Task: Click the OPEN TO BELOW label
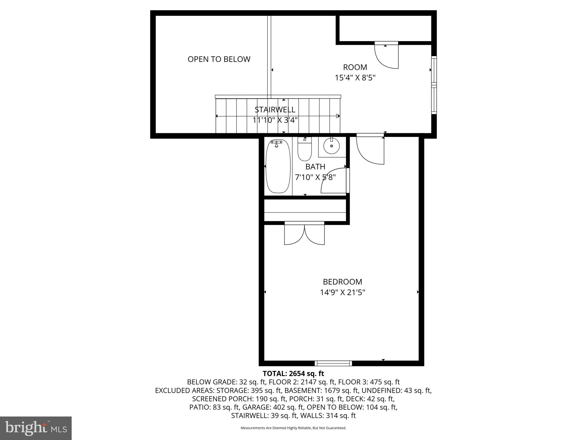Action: point(219,59)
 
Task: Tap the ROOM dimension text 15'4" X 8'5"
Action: point(355,78)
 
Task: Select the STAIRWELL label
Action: point(275,110)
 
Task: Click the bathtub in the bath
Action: point(278,166)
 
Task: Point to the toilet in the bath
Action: point(304,150)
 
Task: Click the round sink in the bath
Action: point(332,146)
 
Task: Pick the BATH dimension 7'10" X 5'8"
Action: point(315,177)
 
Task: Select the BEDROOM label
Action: point(343,282)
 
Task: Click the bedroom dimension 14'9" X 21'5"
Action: point(343,292)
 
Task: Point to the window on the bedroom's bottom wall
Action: point(333,363)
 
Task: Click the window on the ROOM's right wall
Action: point(434,85)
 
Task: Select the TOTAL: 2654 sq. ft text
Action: point(293,374)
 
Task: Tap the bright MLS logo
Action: point(36,428)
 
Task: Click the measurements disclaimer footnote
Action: point(293,428)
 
